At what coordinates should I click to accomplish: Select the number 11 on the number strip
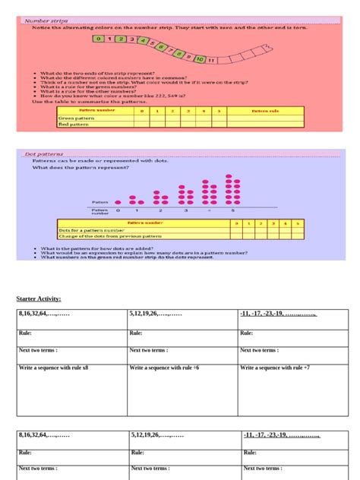coord(211,58)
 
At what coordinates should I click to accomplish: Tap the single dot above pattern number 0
coord(117,203)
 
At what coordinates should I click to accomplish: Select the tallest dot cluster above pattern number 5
coord(232,189)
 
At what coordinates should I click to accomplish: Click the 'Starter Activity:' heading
coord(39,299)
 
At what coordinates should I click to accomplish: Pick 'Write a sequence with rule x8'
coord(54,368)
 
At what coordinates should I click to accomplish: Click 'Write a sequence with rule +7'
coord(275,368)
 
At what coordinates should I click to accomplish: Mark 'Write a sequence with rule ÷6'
coord(164,368)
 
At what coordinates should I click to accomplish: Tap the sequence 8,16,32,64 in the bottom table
coord(44,435)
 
